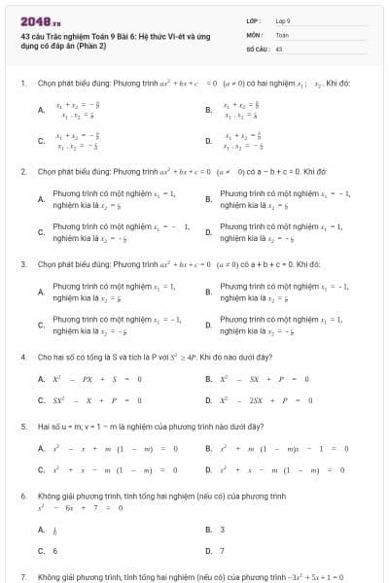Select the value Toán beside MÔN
click(x=282, y=34)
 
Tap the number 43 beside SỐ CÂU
click(x=279, y=47)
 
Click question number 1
click(x=22, y=84)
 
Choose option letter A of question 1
click(x=41, y=111)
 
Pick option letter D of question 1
click(x=208, y=142)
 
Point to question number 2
click(x=22, y=171)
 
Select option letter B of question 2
click(x=208, y=199)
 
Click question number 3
click(x=22, y=263)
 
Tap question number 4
click(x=22, y=357)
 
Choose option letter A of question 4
click(x=41, y=378)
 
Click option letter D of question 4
click(x=208, y=399)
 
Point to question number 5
click(x=22, y=427)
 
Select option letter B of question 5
click(x=208, y=448)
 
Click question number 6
click(x=22, y=496)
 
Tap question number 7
click(x=22, y=576)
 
